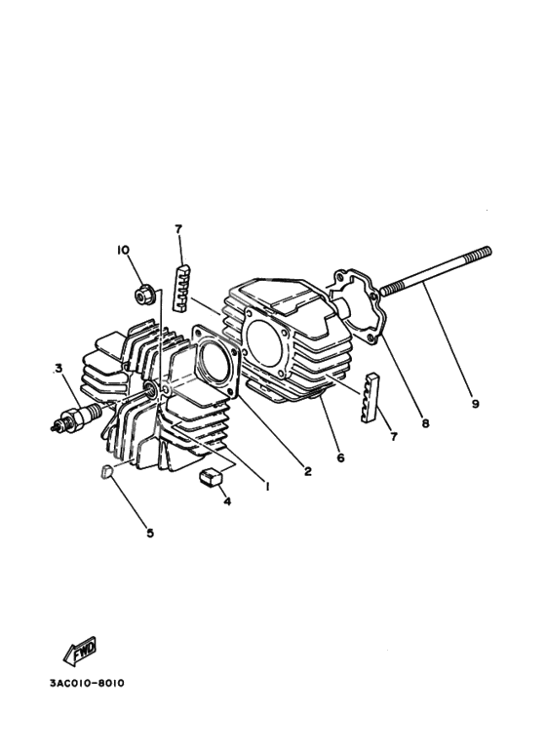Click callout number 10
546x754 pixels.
pos(124,250)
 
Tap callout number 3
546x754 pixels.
pos(58,368)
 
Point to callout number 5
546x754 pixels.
pos(150,533)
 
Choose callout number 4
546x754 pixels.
pos(227,503)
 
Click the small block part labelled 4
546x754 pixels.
pos(211,477)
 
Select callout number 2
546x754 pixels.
pos(307,472)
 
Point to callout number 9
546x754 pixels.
pos(475,403)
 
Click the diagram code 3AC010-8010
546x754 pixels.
pos(87,682)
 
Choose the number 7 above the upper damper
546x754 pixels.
pos(178,229)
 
